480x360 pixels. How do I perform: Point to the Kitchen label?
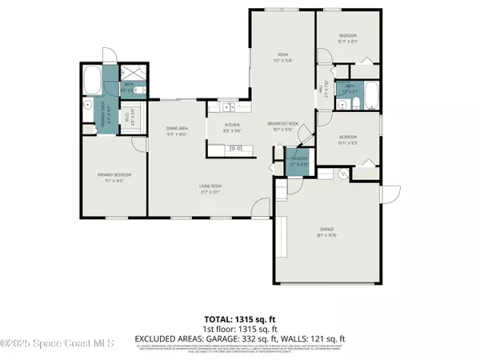(x=232, y=126)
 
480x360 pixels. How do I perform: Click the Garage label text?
(x=324, y=231)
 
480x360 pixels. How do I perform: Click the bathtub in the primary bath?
(x=92, y=80)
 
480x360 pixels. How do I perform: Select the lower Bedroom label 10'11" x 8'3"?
(x=347, y=138)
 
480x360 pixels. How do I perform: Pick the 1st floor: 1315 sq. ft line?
(x=240, y=328)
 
